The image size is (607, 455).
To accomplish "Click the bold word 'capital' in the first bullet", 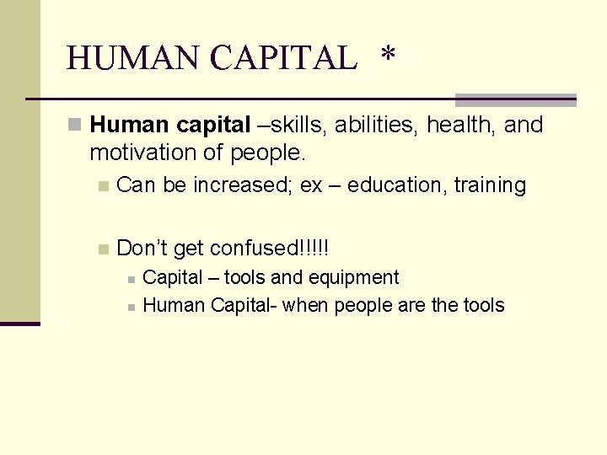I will (212, 126).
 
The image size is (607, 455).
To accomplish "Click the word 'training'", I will (490, 185).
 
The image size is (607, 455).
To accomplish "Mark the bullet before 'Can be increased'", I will (103, 186).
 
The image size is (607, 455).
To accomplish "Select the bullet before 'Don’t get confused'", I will (103, 249).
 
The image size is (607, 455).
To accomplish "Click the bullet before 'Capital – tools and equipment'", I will (131, 279).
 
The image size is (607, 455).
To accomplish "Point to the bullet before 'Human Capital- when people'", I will (131, 307).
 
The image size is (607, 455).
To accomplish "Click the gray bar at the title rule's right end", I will (515, 100).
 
